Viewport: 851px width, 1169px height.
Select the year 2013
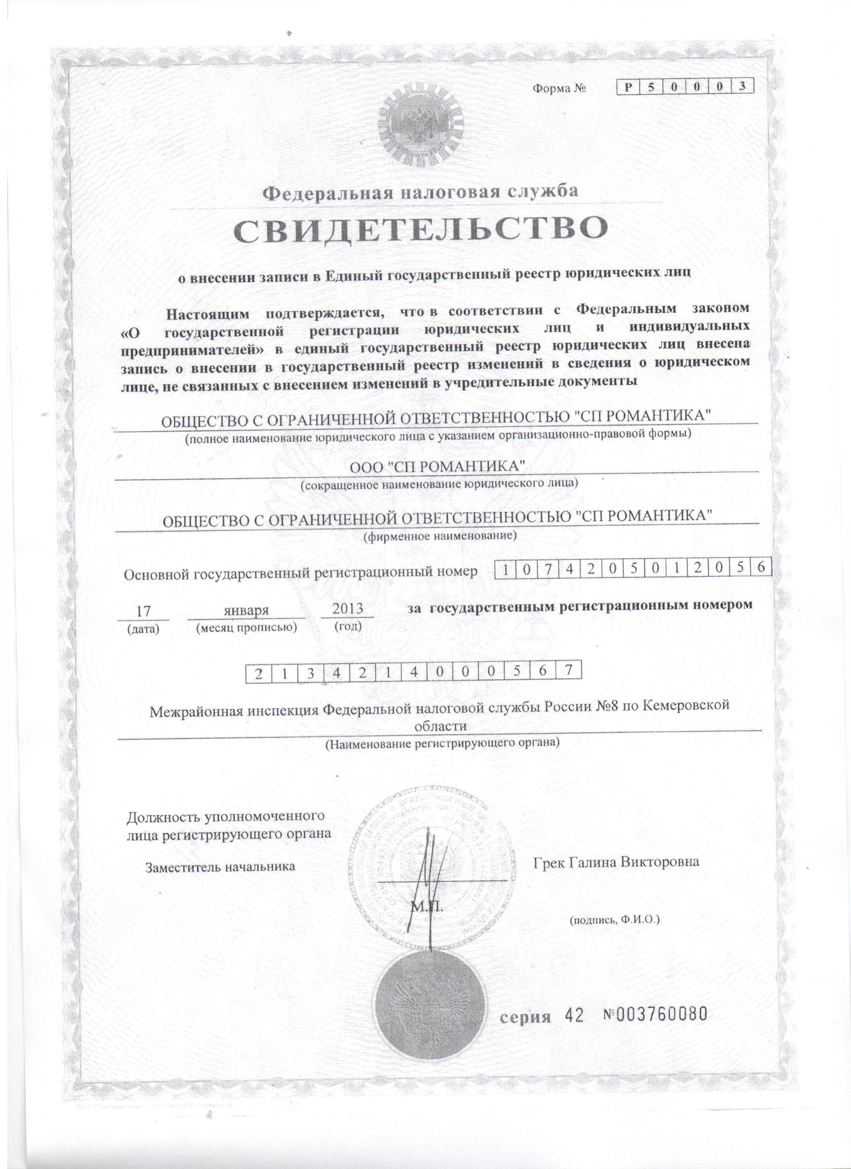(x=347, y=609)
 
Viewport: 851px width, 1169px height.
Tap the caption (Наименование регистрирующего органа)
(x=442, y=743)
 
